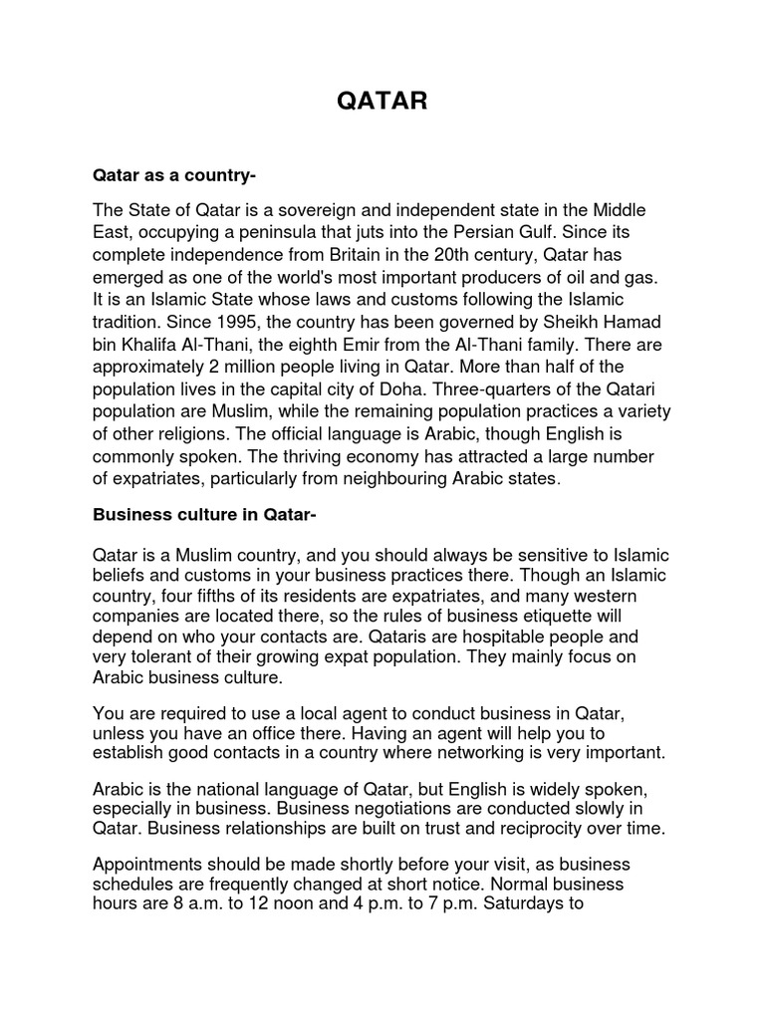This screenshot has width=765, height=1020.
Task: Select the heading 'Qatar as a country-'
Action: point(174,175)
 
